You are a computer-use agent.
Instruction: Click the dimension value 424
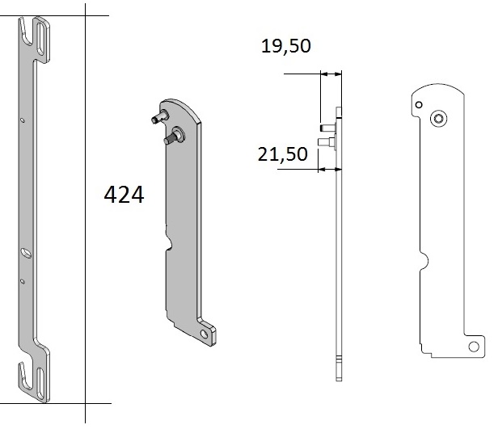click(124, 196)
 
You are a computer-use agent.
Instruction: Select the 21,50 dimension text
click(283, 154)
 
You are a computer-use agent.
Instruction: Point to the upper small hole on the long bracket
click(23, 120)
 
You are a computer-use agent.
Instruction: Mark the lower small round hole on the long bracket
click(23, 280)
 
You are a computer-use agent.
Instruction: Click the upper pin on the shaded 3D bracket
click(156, 118)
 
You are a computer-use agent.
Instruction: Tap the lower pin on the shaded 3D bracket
click(171, 138)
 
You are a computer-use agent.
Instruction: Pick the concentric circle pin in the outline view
click(438, 119)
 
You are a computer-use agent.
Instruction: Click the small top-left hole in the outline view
click(417, 105)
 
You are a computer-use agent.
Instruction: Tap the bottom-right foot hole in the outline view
click(473, 347)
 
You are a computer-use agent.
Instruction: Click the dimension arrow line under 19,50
click(331, 74)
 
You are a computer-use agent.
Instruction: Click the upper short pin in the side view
click(327, 128)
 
